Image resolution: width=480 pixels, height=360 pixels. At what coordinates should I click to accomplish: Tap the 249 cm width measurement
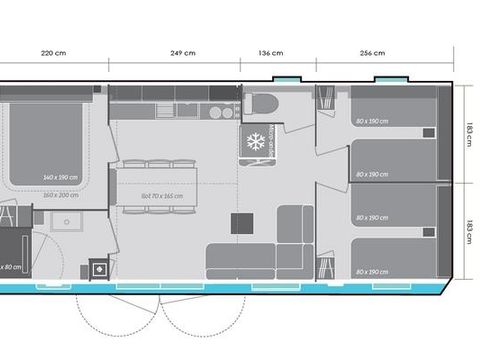(x=182, y=52)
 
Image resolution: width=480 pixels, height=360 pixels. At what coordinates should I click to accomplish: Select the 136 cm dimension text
(x=271, y=52)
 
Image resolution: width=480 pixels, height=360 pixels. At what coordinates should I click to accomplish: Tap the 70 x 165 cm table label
(x=162, y=196)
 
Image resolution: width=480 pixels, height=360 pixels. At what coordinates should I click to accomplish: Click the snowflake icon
(x=254, y=142)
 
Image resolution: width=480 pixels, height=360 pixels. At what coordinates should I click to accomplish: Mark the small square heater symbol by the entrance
(x=100, y=268)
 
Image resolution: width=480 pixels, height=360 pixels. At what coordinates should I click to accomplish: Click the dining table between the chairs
(x=161, y=188)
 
